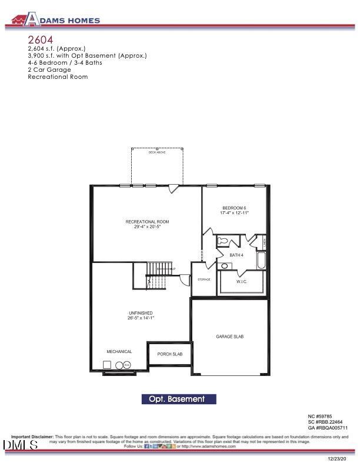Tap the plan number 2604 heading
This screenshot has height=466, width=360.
click(x=40, y=39)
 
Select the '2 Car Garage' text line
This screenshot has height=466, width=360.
click(x=49, y=69)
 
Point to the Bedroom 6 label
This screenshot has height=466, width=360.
click(x=234, y=211)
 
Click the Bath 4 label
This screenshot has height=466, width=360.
click(x=236, y=255)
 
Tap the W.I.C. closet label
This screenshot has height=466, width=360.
click(x=242, y=281)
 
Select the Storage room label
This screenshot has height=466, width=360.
click(x=204, y=279)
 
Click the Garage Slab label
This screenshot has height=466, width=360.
click(x=229, y=337)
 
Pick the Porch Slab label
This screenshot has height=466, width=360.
click(x=169, y=354)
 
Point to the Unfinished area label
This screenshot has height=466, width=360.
click(x=141, y=315)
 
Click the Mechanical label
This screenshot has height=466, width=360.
click(x=119, y=351)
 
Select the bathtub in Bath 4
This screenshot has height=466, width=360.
click(x=261, y=260)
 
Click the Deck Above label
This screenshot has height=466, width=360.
click(x=156, y=152)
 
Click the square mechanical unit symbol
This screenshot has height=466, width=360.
click(x=109, y=365)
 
